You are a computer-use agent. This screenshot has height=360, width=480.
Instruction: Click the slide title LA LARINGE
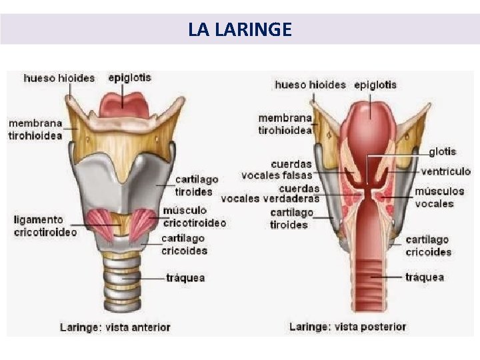pos(239,30)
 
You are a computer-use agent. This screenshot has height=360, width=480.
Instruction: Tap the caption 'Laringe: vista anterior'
pos(115,327)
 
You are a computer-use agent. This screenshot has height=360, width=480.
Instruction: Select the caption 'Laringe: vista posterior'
pos(347,327)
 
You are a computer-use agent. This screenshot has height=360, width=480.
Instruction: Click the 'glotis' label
pos(443,152)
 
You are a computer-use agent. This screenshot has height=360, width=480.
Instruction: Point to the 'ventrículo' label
pos(446,171)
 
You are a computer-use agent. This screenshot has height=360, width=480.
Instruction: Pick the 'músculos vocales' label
pos(439,197)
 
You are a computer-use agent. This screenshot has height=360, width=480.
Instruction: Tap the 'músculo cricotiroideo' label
pos(194,217)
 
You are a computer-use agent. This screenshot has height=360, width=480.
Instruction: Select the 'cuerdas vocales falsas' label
pos(291,169)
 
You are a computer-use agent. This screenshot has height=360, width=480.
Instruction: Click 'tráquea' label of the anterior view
pos(185,277)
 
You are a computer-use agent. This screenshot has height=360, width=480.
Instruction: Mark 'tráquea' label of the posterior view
pos(425,277)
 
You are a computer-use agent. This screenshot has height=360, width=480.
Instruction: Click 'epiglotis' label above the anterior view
pos(129,77)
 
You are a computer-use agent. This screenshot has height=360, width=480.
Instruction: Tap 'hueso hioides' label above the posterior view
pos(310,85)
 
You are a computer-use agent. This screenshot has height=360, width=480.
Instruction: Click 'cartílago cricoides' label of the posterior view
pos(428,245)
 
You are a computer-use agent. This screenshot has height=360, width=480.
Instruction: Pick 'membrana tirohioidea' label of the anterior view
pos(35,129)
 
